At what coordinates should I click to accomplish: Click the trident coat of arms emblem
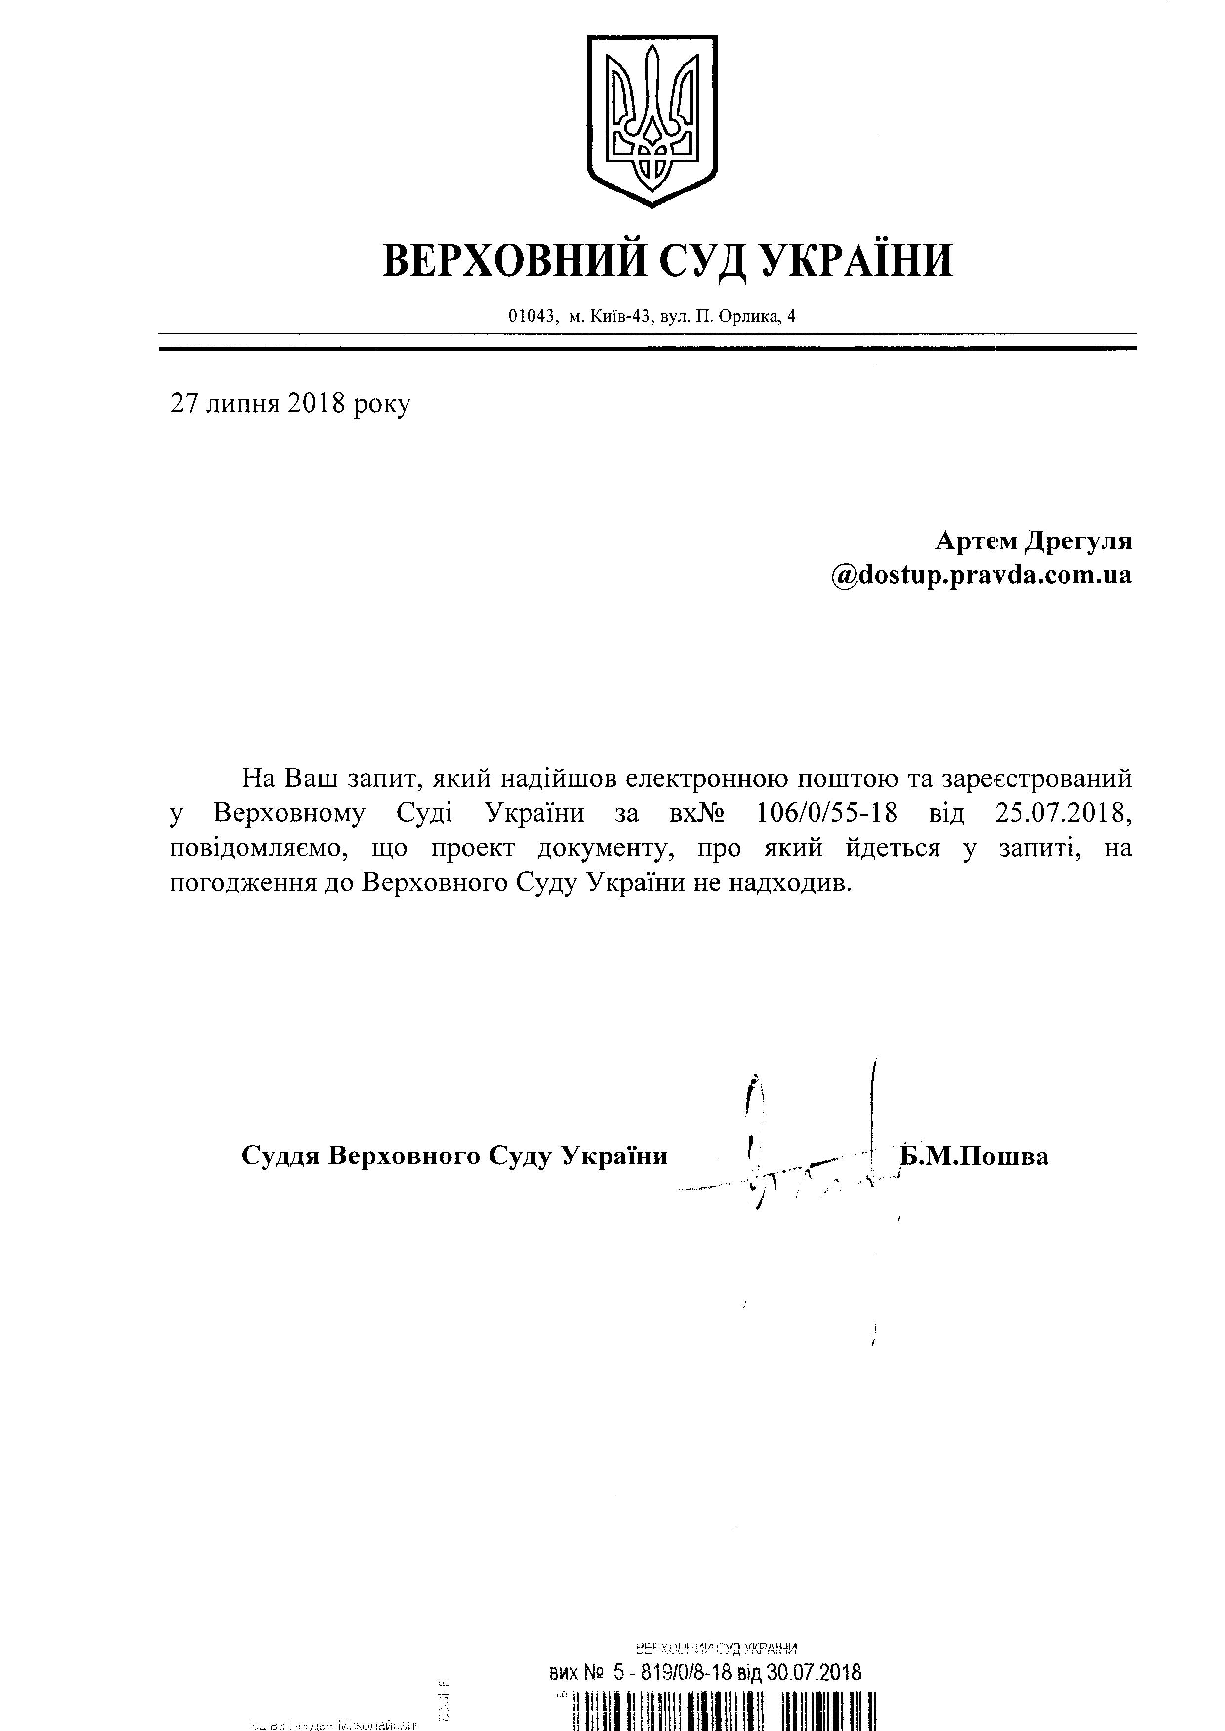coord(652,120)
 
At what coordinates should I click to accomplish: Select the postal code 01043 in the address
coord(532,317)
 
